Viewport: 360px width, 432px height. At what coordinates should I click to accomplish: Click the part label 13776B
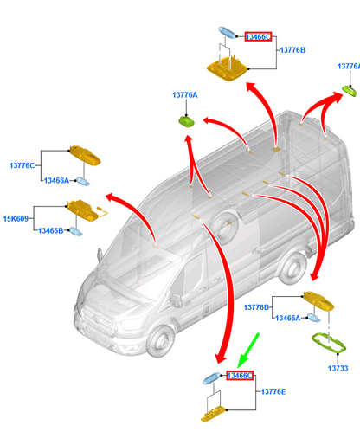pyautogui.click(x=292, y=50)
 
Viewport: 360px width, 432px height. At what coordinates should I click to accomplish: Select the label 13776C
pyautogui.click(x=22, y=165)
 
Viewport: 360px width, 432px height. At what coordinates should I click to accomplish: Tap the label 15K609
pyautogui.click(x=16, y=219)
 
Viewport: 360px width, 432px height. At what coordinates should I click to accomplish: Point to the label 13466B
pyautogui.click(x=51, y=231)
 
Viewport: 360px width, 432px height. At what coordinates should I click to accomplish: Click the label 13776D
pyautogui.click(x=256, y=307)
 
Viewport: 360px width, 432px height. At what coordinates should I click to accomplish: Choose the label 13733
pyautogui.click(x=337, y=368)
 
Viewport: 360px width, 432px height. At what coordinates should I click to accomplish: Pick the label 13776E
pyautogui.click(x=273, y=392)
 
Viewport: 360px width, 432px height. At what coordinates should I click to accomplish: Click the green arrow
pyautogui.click(x=248, y=350)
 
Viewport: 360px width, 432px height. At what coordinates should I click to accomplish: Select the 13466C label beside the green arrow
pyautogui.click(x=240, y=376)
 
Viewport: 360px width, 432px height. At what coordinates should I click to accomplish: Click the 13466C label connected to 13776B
pyautogui.click(x=258, y=36)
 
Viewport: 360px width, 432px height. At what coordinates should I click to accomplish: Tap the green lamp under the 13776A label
pyautogui.click(x=187, y=120)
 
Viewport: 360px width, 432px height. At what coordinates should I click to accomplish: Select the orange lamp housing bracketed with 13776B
pyautogui.click(x=228, y=68)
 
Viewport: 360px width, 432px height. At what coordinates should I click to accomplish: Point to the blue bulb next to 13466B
pyautogui.click(x=75, y=231)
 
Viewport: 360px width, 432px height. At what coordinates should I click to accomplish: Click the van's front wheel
pyautogui.click(x=160, y=341)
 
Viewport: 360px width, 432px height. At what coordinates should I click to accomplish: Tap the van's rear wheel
pyautogui.click(x=292, y=268)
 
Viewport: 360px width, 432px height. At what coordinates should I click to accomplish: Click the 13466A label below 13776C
pyautogui.click(x=56, y=181)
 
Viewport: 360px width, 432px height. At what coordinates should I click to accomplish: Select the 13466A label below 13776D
pyautogui.click(x=288, y=318)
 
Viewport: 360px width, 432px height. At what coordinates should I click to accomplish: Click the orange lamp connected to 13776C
pyautogui.click(x=85, y=156)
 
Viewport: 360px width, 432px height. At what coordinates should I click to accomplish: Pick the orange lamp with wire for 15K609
pyautogui.click(x=84, y=210)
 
